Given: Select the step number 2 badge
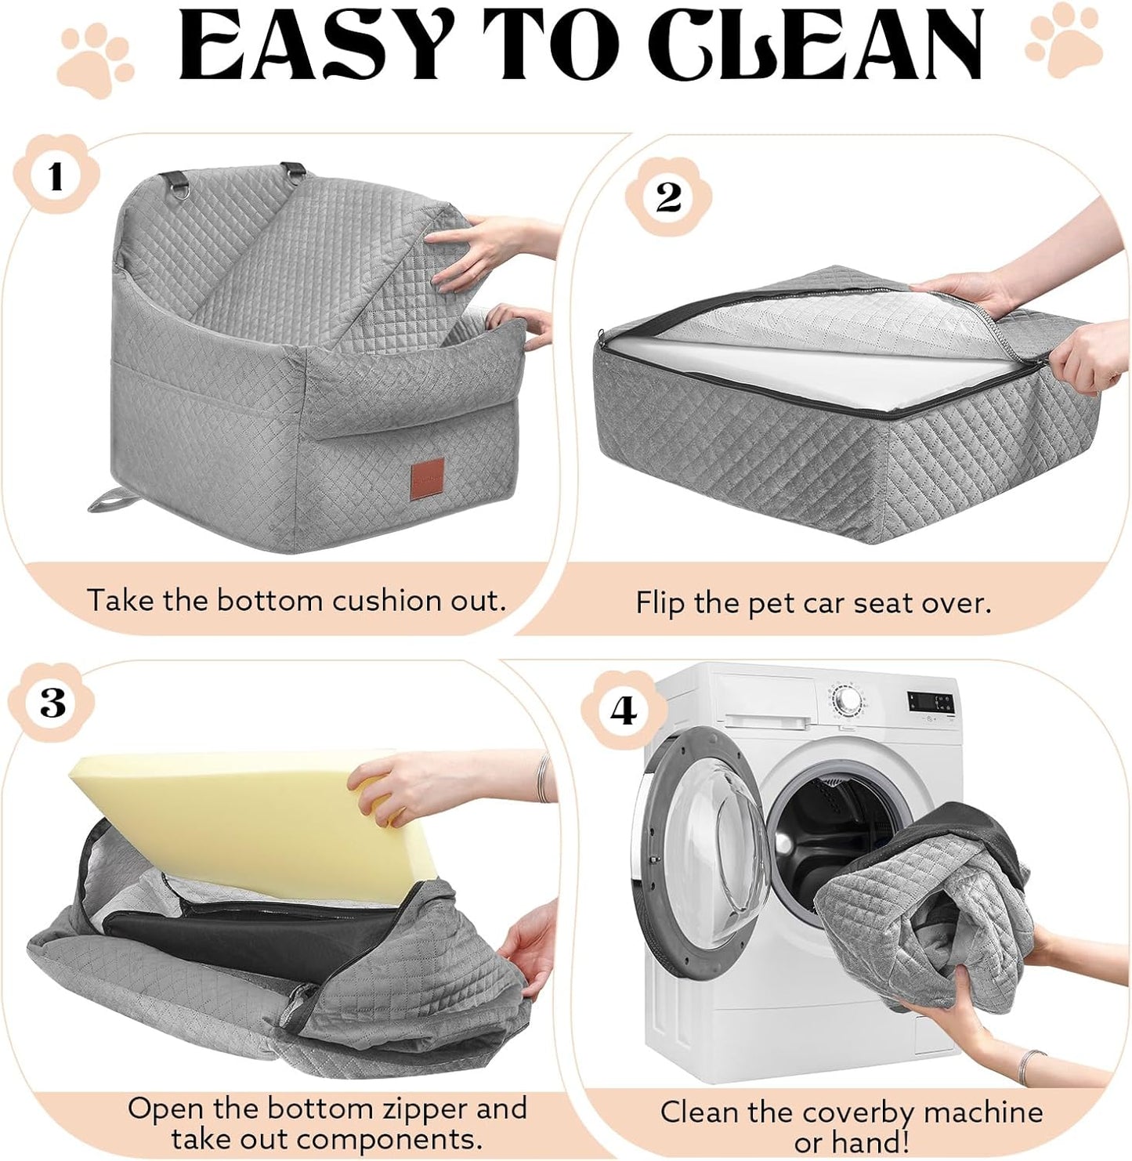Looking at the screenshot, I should tap(667, 197).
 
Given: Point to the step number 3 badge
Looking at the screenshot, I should tap(52, 703).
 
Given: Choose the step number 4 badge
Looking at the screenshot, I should tap(624, 711).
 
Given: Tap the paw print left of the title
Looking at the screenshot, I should tap(96, 59).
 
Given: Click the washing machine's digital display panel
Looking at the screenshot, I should tap(931, 701).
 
